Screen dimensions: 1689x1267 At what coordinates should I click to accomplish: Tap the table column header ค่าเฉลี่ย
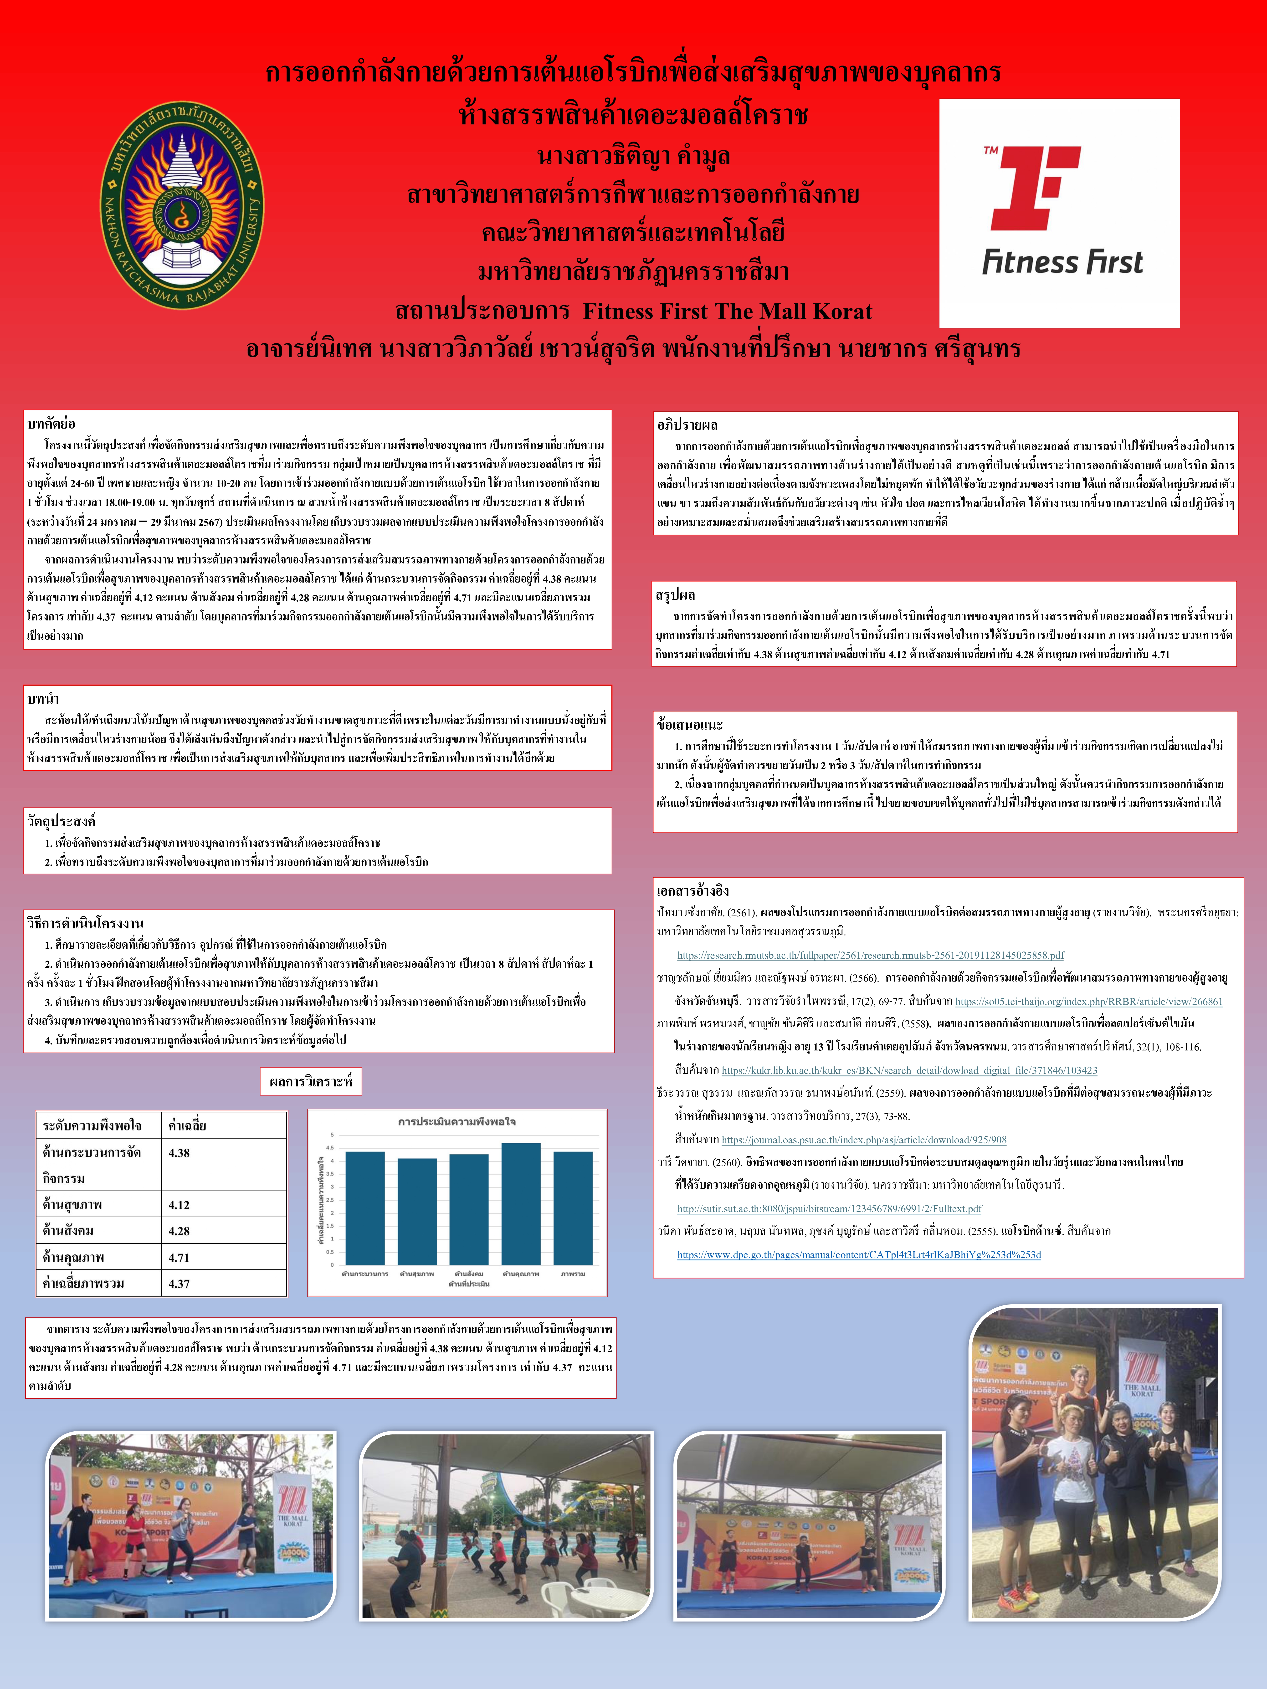click(187, 1126)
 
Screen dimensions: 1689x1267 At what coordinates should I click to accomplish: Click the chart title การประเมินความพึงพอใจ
click(457, 1122)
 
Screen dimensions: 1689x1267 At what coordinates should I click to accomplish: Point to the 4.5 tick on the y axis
click(331, 1147)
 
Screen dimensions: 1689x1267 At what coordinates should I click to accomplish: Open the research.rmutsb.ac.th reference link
click(871, 955)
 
